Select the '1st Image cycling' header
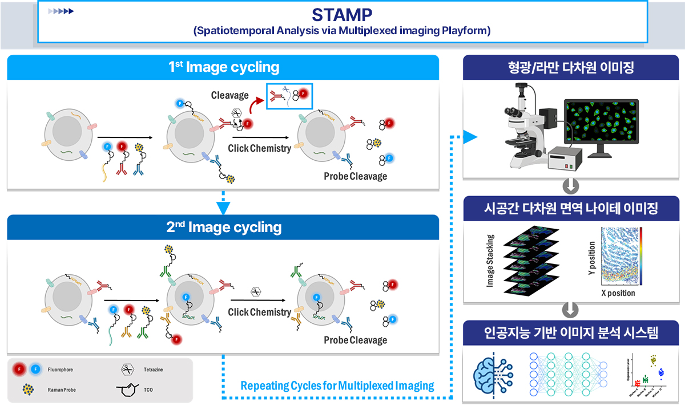(223, 67)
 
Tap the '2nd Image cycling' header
(223, 228)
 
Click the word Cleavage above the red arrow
(229, 95)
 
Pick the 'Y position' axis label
(591, 257)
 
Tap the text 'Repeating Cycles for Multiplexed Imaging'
(337, 386)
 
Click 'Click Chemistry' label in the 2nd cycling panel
(259, 312)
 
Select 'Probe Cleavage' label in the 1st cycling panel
(355, 176)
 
